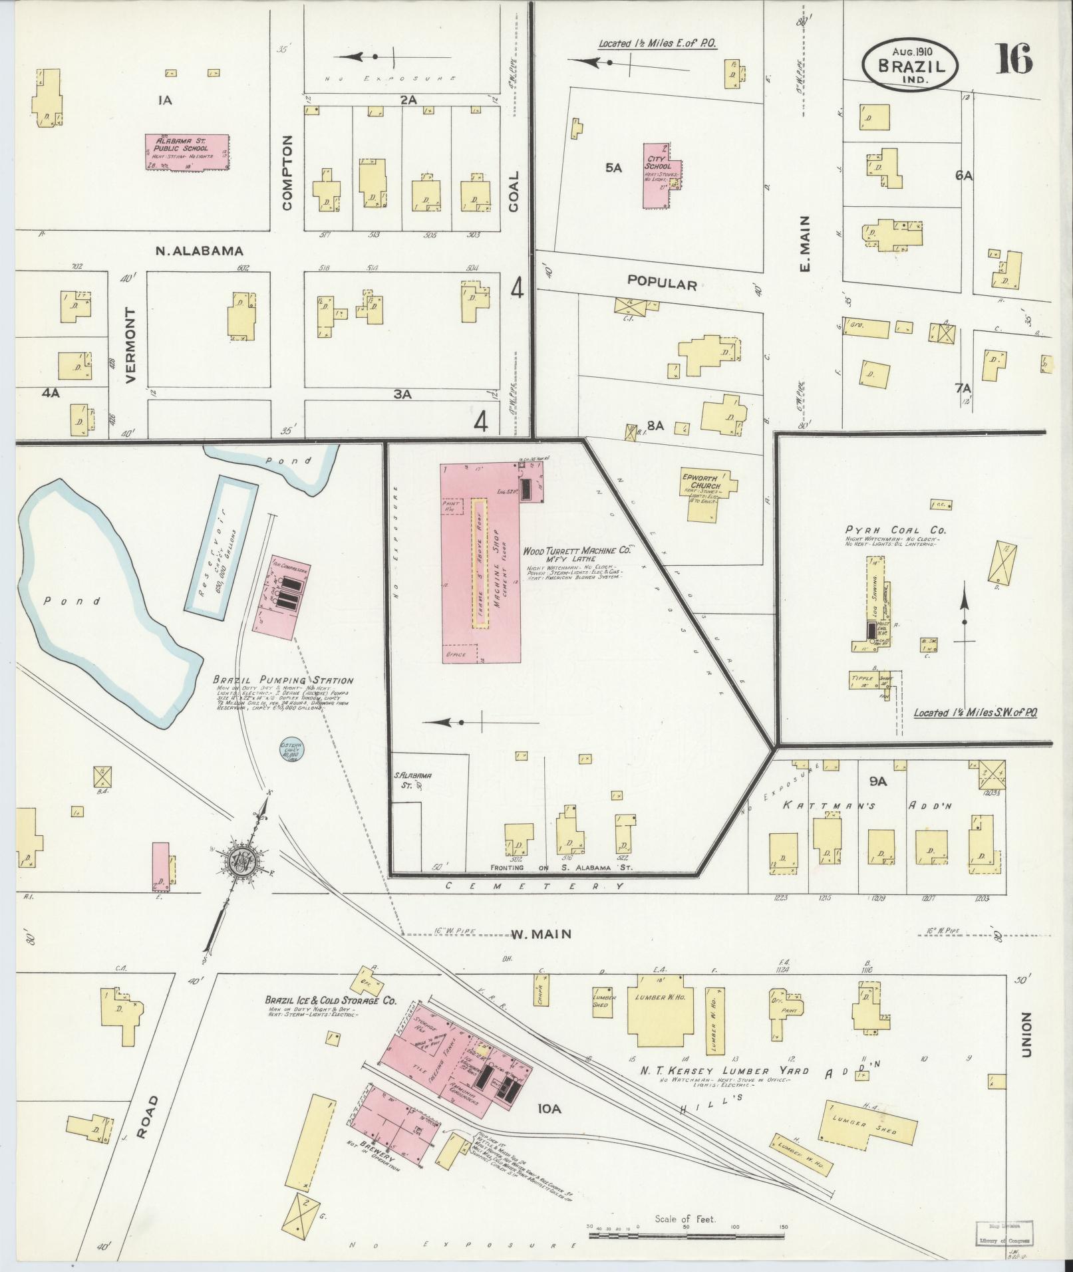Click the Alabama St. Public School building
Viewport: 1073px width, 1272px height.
(188, 152)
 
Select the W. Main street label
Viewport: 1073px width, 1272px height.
(541, 934)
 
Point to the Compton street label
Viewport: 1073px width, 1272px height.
(287, 173)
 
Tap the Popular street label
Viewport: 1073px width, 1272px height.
(662, 284)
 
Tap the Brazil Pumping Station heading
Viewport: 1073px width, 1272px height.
(283, 680)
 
